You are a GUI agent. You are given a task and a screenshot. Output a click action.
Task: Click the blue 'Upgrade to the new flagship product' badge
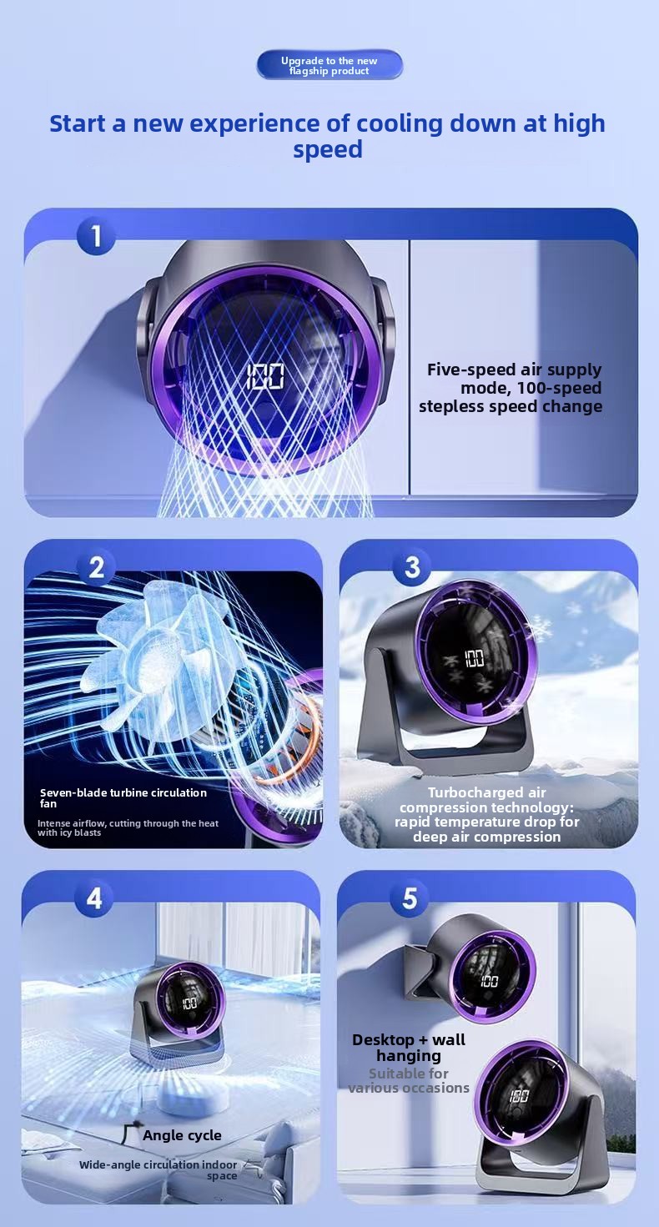click(329, 65)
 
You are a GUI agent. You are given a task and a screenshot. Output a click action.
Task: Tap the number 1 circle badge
click(96, 236)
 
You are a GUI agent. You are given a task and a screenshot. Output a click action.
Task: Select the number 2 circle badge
click(96, 567)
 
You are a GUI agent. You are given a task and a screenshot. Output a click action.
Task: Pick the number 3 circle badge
click(412, 567)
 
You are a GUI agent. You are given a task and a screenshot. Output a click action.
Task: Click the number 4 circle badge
click(94, 898)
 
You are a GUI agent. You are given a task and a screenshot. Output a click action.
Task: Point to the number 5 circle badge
click(410, 898)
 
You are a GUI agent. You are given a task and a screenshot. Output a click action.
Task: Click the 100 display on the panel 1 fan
click(265, 376)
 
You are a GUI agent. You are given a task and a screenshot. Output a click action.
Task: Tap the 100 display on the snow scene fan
click(475, 658)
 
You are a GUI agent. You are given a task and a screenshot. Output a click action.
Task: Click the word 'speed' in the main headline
click(328, 149)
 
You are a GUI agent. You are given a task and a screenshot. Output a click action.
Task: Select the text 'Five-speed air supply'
click(514, 370)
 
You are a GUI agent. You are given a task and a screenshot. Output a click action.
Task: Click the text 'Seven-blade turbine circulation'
click(123, 792)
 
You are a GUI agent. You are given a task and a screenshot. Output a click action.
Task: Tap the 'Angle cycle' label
click(182, 1135)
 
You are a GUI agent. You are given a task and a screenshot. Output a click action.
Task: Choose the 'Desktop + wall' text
click(409, 1039)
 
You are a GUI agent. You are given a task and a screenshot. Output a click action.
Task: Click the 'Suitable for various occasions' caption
click(409, 1080)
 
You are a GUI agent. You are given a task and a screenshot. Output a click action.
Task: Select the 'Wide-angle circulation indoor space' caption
click(158, 1170)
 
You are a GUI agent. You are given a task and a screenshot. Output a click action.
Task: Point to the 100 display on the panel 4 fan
click(189, 1003)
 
